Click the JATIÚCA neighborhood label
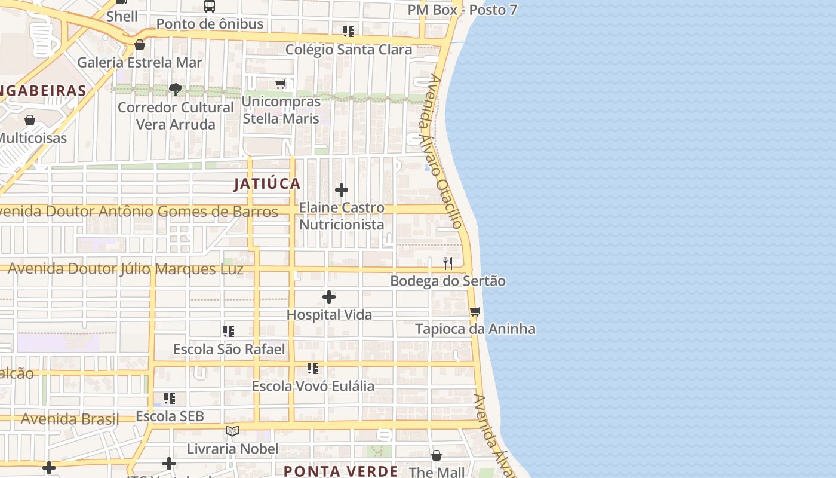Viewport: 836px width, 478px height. pos(267,183)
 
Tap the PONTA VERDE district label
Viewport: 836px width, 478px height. pos(340,471)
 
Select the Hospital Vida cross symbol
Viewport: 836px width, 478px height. pos(329,297)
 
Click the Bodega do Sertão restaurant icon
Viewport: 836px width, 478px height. pos(448,263)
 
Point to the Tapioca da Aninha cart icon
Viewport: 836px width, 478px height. pos(475,311)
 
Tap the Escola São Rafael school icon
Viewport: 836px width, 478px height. pos(229,331)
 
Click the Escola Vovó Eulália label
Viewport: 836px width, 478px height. pos(313,386)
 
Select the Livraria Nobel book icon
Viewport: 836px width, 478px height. pos(232,431)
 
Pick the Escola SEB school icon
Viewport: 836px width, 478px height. pos(170,398)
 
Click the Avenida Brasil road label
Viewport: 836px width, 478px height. pos(70,419)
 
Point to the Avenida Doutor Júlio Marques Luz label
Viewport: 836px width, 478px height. pos(125,269)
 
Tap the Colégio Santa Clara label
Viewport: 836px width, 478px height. pos(349,50)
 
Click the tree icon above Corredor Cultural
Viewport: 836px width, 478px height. pos(176,90)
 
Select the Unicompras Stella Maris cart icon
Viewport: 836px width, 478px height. pos(281,84)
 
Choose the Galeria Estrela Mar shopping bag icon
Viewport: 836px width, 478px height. pos(140,45)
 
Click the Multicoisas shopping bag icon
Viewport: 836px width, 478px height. pos(30,120)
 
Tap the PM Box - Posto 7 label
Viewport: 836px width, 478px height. pos(462,10)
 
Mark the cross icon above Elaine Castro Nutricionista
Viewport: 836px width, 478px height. pos(342,190)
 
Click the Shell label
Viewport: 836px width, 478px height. pos(122,16)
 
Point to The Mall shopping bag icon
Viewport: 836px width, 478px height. pos(437,455)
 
